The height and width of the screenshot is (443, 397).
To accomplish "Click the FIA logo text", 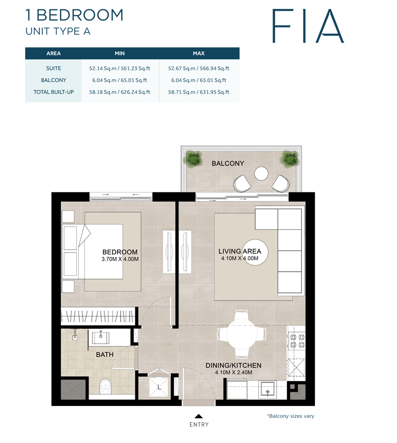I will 307,25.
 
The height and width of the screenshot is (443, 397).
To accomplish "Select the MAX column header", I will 199,53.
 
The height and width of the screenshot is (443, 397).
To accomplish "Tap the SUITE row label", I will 53,68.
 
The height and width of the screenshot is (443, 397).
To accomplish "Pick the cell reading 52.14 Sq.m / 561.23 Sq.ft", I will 120,68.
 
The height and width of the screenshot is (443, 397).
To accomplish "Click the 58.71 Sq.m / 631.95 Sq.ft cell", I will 199,92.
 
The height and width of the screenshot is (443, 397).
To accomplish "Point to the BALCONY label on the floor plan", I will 227,163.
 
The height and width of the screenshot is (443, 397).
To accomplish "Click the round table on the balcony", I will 261,174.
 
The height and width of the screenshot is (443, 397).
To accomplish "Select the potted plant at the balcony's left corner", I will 193,158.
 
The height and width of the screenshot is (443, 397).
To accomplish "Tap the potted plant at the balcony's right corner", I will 289,158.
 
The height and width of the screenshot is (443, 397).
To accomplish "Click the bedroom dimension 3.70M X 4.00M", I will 121,259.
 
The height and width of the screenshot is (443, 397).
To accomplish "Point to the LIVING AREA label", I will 240,252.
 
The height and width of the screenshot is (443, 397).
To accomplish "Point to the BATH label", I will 105,354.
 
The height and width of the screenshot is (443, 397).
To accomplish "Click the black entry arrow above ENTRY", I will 199,416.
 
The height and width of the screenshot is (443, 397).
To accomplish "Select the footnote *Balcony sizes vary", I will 290,416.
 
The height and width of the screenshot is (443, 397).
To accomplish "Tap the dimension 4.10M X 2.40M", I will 234,373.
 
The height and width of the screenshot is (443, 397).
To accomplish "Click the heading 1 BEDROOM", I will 74,15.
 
